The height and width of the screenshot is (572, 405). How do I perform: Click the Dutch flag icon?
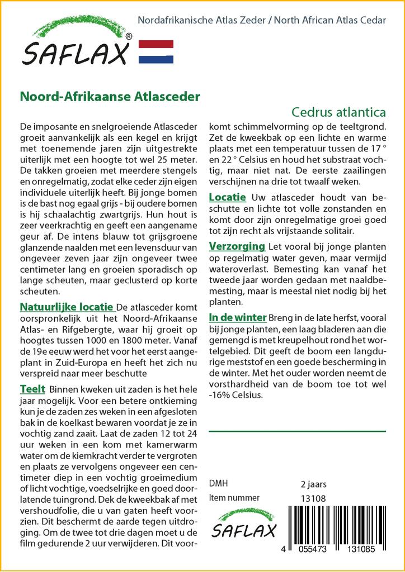(156, 51)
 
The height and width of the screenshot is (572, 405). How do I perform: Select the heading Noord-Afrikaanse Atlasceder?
(110, 96)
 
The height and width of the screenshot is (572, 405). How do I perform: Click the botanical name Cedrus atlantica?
(338, 112)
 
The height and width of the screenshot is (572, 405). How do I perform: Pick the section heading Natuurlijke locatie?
(67, 307)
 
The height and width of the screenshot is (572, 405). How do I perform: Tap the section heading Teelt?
(32, 389)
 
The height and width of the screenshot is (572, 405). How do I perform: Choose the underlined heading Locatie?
(227, 197)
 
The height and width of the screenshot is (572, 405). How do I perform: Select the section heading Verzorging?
(237, 246)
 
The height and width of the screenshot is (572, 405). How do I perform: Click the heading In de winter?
(237, 317)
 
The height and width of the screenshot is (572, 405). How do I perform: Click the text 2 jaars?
(313, 484)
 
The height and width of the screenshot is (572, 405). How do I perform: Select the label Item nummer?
(234, 498)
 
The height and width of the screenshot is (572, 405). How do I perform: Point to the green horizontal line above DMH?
(297, 431)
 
